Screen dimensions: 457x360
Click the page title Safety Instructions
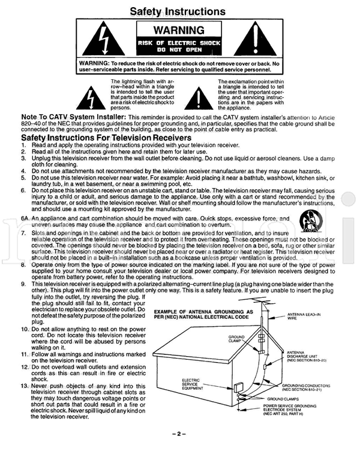coord(178,11)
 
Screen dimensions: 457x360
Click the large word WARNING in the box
coord(178,30)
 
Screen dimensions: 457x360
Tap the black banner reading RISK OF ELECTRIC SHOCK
coord(178,47)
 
